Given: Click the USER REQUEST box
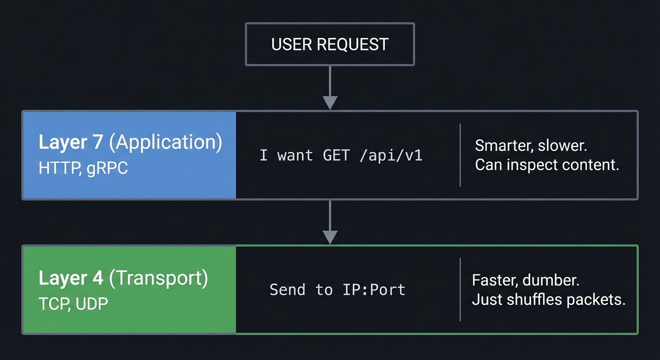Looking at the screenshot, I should [x=330, y=44].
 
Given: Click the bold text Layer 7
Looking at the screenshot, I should [x=71, y=142].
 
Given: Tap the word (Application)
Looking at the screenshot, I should [x=165, y=142].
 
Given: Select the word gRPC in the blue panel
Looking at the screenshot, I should [x=107, y=168].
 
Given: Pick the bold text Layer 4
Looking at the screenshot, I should [x=71, y=278].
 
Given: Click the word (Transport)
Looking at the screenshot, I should [x=158, y=278].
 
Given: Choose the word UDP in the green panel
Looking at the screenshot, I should [x=91, y=303].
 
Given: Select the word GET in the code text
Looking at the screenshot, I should [x=336, y=155].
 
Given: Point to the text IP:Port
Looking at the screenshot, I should [x=374, y=290].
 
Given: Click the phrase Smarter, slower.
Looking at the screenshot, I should [x=531, y=145].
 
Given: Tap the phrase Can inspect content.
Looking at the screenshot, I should [x=547, y=165].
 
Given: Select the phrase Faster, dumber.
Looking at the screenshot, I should [x=525, y=280].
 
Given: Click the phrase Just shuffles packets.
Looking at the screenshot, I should [x=548, y=300].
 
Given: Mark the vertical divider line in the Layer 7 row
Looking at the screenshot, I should [x=460, y=155].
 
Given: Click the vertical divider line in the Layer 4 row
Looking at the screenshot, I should [x=460, y=290].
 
